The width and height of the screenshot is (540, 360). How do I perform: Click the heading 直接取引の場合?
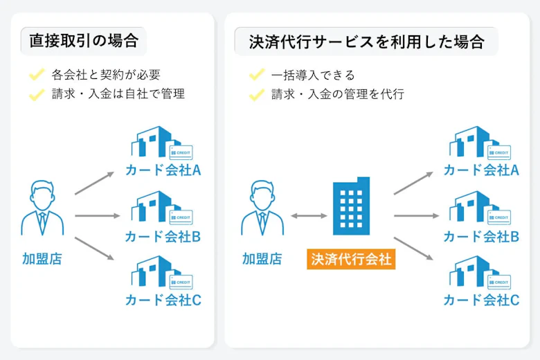tap(83, 42)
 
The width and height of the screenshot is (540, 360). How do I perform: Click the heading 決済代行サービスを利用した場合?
tap(366, 42)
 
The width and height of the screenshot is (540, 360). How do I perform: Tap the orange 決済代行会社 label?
tap(351, 260)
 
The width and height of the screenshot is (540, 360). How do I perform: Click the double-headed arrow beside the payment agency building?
tap(309, 216)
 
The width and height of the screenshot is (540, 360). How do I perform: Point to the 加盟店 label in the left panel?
tap(42, 260)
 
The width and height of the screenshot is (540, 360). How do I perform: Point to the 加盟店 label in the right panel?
tap(262, 260)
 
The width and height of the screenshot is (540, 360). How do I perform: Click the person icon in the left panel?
tap(42, 210)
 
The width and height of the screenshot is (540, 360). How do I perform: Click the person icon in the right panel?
tap(262, 210)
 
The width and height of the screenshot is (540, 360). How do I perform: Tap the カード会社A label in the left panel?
tap(163, 171)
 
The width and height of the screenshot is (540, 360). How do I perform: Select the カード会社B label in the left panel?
tap(163, 236)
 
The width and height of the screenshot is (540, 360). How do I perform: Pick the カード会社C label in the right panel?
tap(481, 300)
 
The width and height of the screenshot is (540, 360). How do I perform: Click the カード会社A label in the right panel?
tap(481, 171)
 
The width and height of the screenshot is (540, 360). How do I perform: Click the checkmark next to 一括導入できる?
tap(257, 75)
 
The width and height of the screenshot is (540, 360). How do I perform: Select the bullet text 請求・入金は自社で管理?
tap(118, 94)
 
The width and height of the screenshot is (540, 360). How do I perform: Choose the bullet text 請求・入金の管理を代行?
tap(338, 94)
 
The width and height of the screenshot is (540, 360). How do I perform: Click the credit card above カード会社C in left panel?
tap(181, 282)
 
